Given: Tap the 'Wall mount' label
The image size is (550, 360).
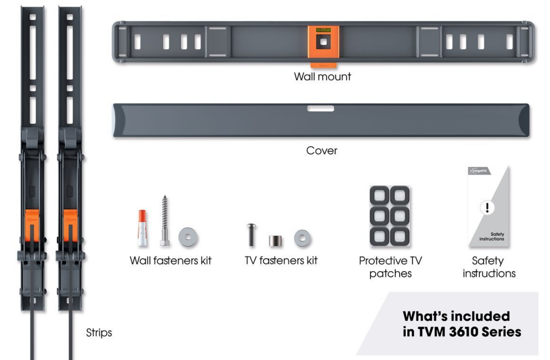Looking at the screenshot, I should [322, 76].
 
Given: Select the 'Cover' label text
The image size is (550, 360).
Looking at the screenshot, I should [321, 150].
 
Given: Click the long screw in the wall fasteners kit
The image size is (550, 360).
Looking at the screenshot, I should [164, 220].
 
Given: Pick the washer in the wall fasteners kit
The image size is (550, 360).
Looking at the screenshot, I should [188, 236].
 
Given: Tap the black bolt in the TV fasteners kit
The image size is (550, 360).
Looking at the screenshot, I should [251, 234].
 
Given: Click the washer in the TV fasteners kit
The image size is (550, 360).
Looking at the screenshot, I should [302, 238].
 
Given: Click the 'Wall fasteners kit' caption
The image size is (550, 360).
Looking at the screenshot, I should [170, 260].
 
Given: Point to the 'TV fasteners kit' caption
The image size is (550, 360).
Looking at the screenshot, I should [281, 260].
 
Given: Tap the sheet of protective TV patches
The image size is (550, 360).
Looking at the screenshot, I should [390, 216].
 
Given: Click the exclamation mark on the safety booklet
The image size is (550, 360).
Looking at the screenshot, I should [486, 207].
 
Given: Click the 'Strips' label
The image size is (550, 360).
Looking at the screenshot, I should [99, 332].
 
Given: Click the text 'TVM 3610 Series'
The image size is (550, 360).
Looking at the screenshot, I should [462, 331].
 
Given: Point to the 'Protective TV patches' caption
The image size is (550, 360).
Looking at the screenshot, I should [390, 267].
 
